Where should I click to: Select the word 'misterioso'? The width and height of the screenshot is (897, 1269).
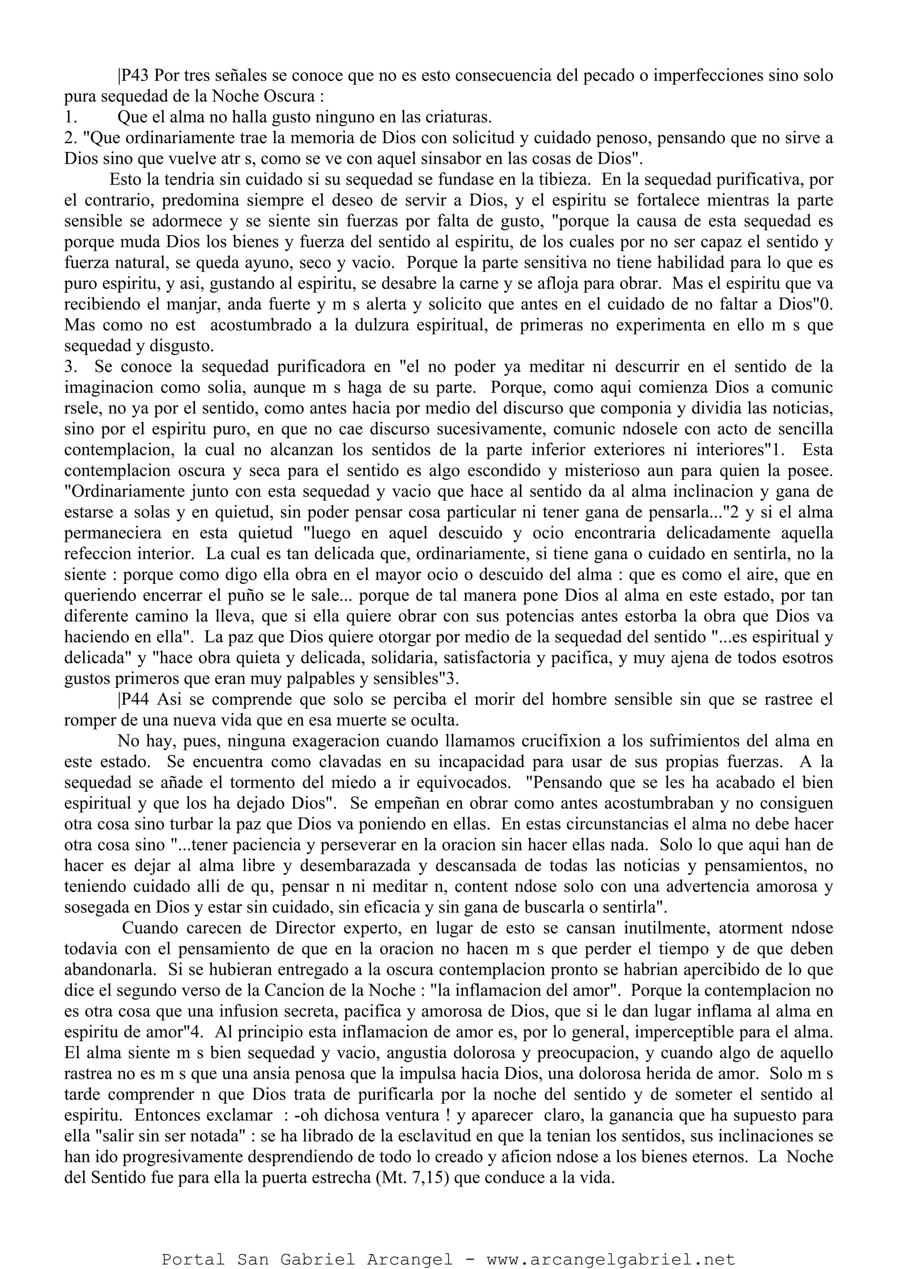point(639,472)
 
